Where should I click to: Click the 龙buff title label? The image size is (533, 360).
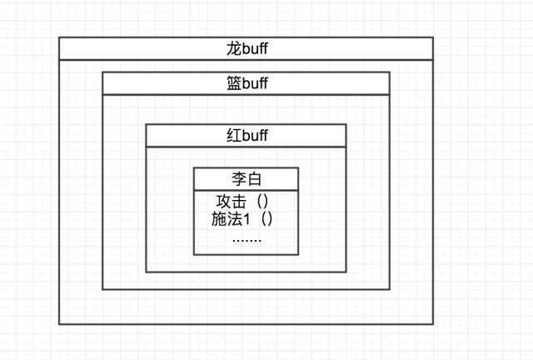(247, 49)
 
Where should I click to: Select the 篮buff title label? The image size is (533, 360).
(247, 83)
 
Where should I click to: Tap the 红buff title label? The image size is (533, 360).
(247, 136)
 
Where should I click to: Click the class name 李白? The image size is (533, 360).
(247, 178)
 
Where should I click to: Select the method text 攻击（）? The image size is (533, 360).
(245, 202)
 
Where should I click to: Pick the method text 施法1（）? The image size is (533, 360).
(244, 220)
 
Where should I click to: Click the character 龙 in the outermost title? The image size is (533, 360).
(233, 49)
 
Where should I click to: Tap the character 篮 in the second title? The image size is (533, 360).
(233, 83)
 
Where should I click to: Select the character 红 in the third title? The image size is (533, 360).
(233, 136)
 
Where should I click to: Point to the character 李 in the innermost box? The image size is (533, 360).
(238, 178)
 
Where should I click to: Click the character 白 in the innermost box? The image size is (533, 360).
(254, 178)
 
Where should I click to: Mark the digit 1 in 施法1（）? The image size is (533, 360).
(247, 220)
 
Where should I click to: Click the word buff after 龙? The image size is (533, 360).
(254, 49)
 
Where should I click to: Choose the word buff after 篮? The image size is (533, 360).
(254, 83)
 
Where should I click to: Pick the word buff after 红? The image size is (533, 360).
(254, 136)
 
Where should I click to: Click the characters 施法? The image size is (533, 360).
(227, 220)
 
